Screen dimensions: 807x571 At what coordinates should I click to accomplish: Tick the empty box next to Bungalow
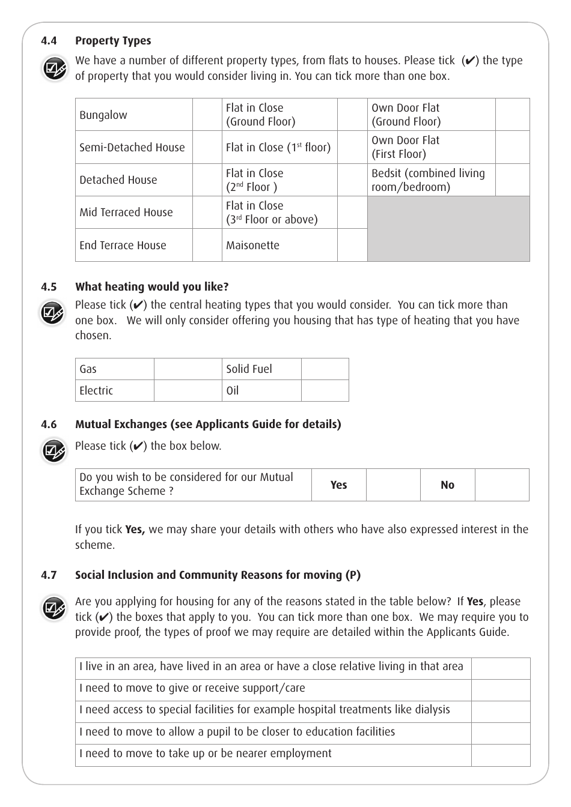point(207,115)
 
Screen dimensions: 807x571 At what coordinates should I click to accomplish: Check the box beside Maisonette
point(352,245)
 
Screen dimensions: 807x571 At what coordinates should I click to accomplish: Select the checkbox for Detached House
point(207,180)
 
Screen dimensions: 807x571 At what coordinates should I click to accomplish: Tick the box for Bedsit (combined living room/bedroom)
point(513,180)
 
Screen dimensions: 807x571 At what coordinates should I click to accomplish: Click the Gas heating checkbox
point(188,369)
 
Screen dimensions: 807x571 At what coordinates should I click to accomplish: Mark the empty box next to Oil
point(325,391)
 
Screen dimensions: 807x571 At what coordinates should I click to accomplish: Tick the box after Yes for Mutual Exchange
point(393,485)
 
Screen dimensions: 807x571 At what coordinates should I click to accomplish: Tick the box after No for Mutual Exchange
point(502,485)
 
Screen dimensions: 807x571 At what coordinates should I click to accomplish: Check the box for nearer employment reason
point(501,755)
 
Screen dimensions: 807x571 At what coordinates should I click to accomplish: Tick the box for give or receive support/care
point(501,690)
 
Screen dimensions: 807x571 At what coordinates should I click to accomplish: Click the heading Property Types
point(113,41)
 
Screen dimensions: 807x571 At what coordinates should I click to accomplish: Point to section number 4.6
point(49,425)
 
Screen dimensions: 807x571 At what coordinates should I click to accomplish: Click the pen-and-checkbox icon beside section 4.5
point(53,313)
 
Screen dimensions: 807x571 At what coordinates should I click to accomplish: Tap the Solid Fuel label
point(249,369)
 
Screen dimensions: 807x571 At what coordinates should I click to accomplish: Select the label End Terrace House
point(123,246)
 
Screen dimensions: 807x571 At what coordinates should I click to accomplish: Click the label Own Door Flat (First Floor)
point(405,147)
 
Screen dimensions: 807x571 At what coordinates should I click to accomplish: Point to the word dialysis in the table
point(430,710)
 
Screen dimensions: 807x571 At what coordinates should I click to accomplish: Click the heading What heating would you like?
point(151,287)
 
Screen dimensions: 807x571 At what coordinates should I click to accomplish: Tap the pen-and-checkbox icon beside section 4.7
point(54,608)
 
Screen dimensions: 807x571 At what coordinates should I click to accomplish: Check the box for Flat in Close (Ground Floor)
point(352,115)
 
